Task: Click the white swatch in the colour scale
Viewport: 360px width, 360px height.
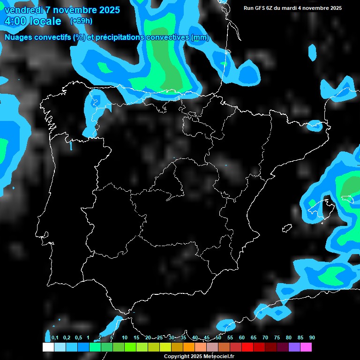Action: coord(48,347)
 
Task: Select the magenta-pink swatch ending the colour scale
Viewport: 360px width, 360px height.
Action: coord(306,347)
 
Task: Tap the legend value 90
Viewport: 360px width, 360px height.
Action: coord(312,338)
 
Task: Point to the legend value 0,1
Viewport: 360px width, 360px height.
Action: coord(55,338)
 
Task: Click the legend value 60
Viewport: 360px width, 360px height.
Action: coord(242,338)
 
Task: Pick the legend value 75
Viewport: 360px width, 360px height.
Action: coord(277,338)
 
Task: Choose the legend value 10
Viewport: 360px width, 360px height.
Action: coord(125,338)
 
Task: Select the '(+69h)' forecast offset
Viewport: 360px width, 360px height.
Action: coord(81,21)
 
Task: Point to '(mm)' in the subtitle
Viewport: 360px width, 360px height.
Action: coord(200,37)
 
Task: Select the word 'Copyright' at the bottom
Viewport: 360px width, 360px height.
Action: coord(177,357)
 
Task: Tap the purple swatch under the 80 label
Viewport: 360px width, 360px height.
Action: coord(294,347)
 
